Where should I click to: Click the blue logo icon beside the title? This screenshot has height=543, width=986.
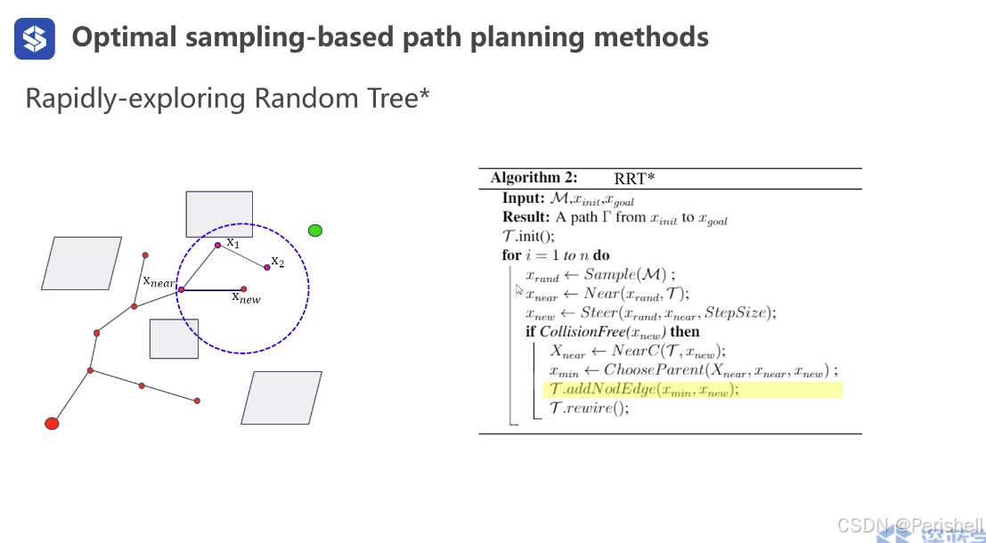coord(35,38)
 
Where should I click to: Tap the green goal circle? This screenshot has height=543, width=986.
coord(314,231)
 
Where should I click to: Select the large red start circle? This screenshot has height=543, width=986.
coord(52,424)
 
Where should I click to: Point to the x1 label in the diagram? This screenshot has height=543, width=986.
coord(232,242)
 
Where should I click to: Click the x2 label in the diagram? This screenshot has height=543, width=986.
coord(278,262)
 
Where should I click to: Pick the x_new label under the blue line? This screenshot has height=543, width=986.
coord(246,298)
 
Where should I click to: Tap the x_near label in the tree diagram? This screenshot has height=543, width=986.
coord(159,281)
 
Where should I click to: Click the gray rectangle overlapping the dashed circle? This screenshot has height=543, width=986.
coord(219,215)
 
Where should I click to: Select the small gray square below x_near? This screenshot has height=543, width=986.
coord(174,338)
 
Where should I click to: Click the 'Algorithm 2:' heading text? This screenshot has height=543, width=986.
coord(534,178)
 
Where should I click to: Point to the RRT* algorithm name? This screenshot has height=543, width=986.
coord(634,179)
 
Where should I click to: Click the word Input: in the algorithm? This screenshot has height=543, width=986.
coord(523,199)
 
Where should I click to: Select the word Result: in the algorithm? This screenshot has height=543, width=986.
coord(526,217)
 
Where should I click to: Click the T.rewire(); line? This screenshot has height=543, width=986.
coord(589,409)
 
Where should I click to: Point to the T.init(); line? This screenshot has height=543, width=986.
coord(528,236)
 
